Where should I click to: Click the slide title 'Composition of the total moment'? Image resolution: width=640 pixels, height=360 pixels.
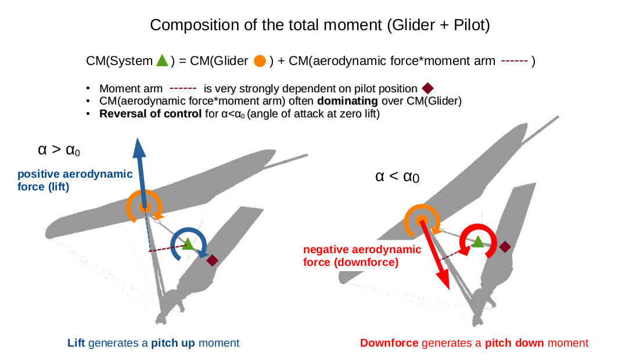tap(319, 25)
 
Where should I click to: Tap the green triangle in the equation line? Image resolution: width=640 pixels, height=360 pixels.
tap(163, 60)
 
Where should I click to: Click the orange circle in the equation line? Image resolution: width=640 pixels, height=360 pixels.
tap(260, 60)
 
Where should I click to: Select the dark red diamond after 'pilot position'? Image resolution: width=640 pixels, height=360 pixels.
tap(427, 88)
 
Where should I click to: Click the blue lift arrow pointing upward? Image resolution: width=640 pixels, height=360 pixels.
tap(139, 168)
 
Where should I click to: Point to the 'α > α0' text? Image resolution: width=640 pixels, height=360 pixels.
tap(58, 150)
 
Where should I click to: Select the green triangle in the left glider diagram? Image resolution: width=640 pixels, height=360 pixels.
tap(188, 244)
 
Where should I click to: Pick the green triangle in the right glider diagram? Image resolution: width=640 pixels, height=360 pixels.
tap(477, 242)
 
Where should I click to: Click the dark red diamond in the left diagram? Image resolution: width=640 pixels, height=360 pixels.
tap(213, 261)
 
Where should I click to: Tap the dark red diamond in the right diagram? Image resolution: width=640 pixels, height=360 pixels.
tap(505, 247)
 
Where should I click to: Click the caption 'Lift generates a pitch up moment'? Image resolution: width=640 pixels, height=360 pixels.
tap(153, 343)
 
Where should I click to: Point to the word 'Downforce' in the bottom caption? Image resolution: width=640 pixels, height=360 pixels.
tap(389, 343)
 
